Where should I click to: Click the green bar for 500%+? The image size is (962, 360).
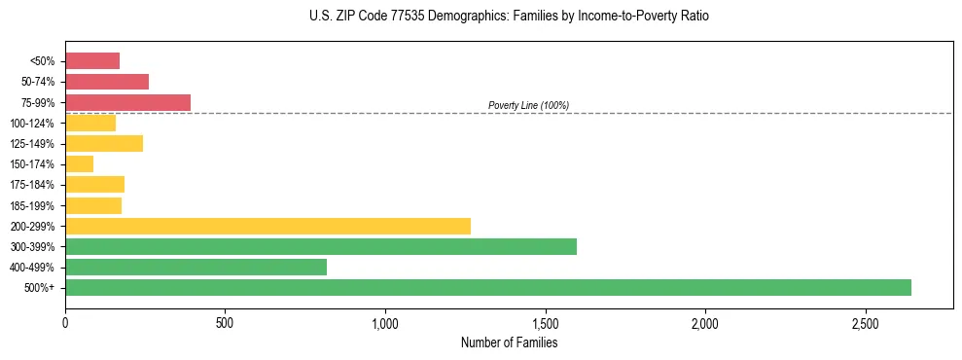pos(488,287)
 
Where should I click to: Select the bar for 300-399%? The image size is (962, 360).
pos(321,246)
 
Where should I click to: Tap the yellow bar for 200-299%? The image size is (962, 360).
pos(267,226)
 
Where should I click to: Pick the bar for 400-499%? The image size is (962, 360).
pos(196,267)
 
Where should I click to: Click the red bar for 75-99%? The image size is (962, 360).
pos(127,102)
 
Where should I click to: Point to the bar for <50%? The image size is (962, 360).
pos(92,60)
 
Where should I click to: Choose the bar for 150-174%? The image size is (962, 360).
pos(79,163)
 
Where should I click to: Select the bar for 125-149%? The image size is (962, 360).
pos(104,143)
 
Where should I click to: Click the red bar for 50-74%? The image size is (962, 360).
pos(107,82)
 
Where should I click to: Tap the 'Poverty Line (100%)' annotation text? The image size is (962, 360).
pos(528,105)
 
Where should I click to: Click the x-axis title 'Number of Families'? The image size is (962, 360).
pos(509,342)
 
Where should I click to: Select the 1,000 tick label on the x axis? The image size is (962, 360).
pos(385,322)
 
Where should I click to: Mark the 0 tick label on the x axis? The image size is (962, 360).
pos(65,322)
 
